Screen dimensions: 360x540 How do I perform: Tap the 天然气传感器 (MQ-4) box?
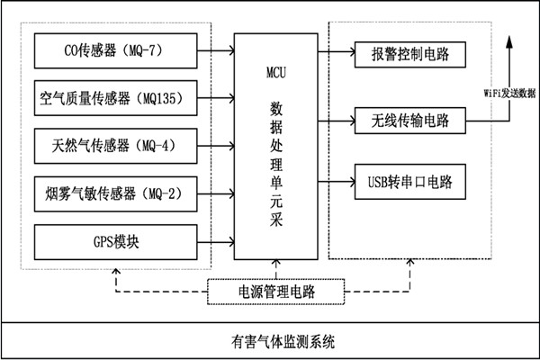(115, 143)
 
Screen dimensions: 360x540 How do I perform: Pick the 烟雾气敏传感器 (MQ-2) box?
(115, 192)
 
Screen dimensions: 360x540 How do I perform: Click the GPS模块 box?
(115, 241)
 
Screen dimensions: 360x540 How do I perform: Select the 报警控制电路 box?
(409, 55)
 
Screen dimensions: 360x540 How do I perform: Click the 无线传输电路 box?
(409, 119)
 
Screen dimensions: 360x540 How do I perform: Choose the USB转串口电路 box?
(409, 183)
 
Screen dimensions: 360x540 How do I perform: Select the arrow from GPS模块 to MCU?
(216, 241)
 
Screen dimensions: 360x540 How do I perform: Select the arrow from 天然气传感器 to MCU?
(216, 143)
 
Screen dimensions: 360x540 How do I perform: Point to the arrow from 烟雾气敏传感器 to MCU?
(216, 192)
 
